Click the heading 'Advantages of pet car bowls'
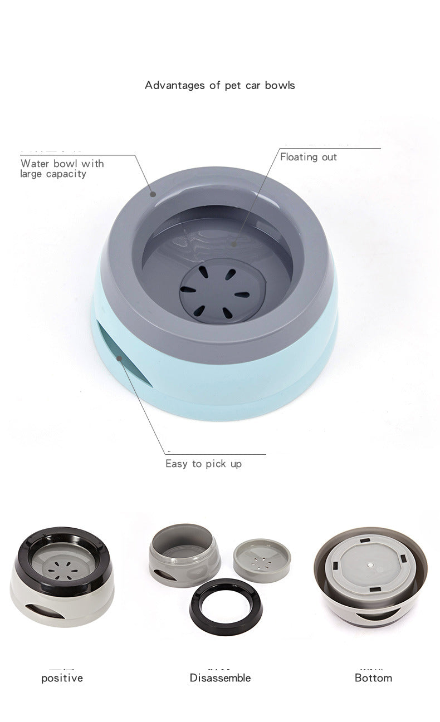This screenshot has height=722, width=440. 219,85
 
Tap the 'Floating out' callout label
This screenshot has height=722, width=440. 308,157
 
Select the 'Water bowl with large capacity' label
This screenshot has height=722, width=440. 62,169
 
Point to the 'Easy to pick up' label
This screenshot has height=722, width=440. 203,464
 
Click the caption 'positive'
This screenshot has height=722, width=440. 62,678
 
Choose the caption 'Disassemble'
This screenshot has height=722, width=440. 220,678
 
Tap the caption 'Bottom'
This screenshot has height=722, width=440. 373,678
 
